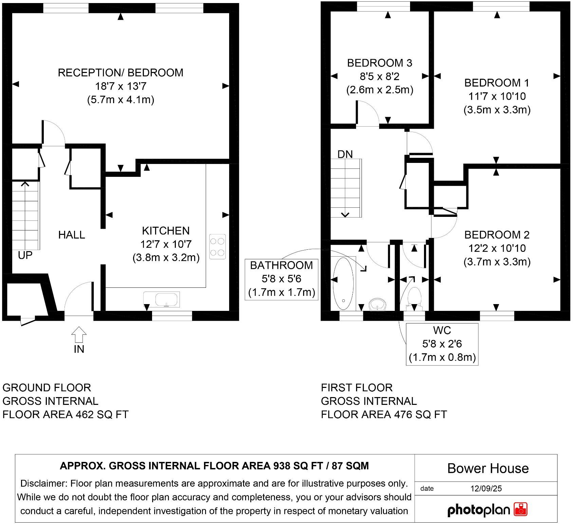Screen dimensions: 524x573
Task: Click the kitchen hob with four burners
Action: (217, 247)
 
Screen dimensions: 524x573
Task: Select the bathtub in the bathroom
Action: (343, 284)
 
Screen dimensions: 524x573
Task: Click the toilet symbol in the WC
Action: (414, 297)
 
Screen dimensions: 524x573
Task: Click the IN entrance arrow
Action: (79, 335)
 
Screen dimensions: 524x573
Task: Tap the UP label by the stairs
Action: (25, 255)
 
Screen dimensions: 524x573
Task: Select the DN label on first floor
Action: (345, 154)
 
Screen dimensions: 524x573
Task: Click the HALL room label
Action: (72, 235)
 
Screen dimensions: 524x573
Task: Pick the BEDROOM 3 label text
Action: (380, 63)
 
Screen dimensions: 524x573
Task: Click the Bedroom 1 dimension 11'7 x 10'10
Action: (497, 96)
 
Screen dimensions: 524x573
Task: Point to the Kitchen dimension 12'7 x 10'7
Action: (166, 244)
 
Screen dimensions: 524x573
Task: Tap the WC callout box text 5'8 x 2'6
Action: (442, 344)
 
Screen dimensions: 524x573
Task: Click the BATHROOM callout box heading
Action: (281, 265)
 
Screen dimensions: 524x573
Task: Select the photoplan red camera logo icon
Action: (521, 509)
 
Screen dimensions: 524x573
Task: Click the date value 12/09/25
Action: (486, 489)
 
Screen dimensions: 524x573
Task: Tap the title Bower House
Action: (488, 468)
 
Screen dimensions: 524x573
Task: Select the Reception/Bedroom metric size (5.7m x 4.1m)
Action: (121, 100)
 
